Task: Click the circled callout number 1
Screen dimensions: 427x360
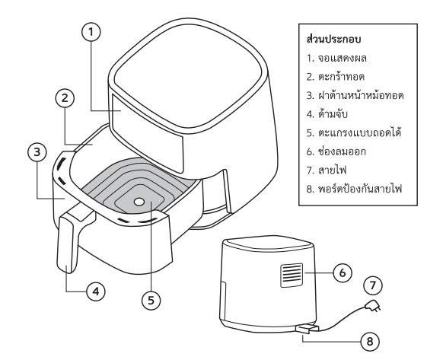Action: point(91,32)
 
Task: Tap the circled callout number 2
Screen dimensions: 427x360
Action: point(65,98)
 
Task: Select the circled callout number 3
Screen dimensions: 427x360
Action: point(37,152)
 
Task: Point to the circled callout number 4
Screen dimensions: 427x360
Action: point(96,292)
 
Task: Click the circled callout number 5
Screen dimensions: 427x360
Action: point(151,301)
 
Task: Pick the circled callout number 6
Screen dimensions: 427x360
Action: point(343,272)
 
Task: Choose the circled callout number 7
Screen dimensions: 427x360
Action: point(373,285)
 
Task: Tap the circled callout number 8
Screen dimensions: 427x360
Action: point(370,342)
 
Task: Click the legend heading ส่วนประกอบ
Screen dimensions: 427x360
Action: point(334,39)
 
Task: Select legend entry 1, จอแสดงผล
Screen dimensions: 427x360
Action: point(336,58)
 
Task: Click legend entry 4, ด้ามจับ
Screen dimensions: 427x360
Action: point(327,114)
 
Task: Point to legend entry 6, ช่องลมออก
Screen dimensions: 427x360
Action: point(336,151)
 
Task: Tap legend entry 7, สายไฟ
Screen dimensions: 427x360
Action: point(327,170)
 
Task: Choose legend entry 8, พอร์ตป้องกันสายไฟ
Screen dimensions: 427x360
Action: point(354,189)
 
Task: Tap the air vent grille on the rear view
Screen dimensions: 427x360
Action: point(292,276)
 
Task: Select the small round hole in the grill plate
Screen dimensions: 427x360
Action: point(139,202)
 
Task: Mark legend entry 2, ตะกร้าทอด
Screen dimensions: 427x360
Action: point(336,77)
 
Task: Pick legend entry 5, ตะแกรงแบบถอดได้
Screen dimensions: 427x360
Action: point(354,132)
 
